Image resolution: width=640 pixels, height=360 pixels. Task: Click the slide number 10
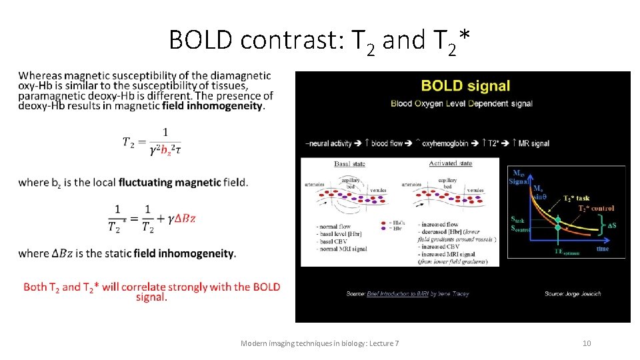point(587,343)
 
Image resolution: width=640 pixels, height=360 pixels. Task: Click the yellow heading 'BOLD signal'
point(465,86)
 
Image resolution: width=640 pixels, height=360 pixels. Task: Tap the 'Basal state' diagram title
point(350,163)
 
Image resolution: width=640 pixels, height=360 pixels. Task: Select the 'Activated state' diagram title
point(451,163)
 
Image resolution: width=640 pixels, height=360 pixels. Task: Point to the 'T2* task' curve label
point(577,198)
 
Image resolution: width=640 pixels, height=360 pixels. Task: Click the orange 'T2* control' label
point(597,208)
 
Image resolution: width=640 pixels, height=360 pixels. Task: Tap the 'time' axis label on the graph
point(603,248)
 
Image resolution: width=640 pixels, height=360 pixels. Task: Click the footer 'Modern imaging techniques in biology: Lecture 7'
point(319,343)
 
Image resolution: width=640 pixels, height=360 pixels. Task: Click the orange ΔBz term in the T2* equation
point(184,218)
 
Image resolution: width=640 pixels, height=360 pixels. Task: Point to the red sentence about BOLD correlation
point(151,292)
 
